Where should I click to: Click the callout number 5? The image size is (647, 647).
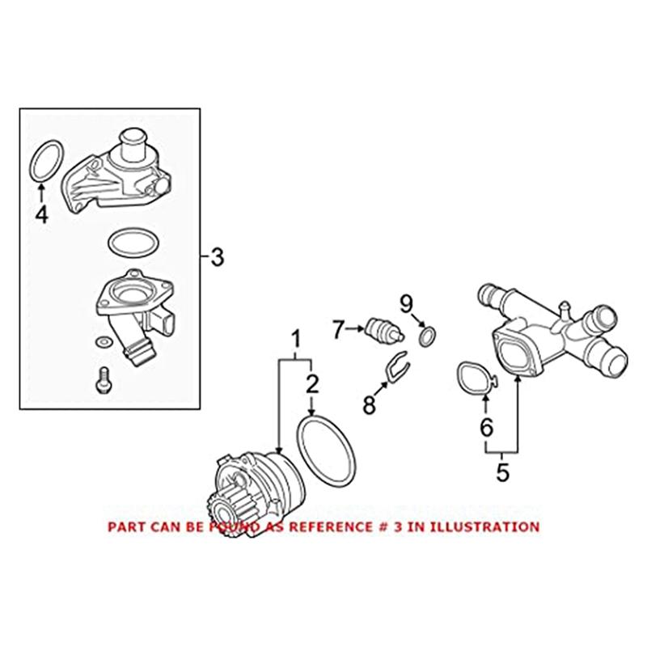tap(503, 472)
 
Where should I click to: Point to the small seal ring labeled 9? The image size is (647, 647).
tap(426, 334)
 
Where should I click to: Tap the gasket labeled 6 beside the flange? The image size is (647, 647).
tap(475, 378)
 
